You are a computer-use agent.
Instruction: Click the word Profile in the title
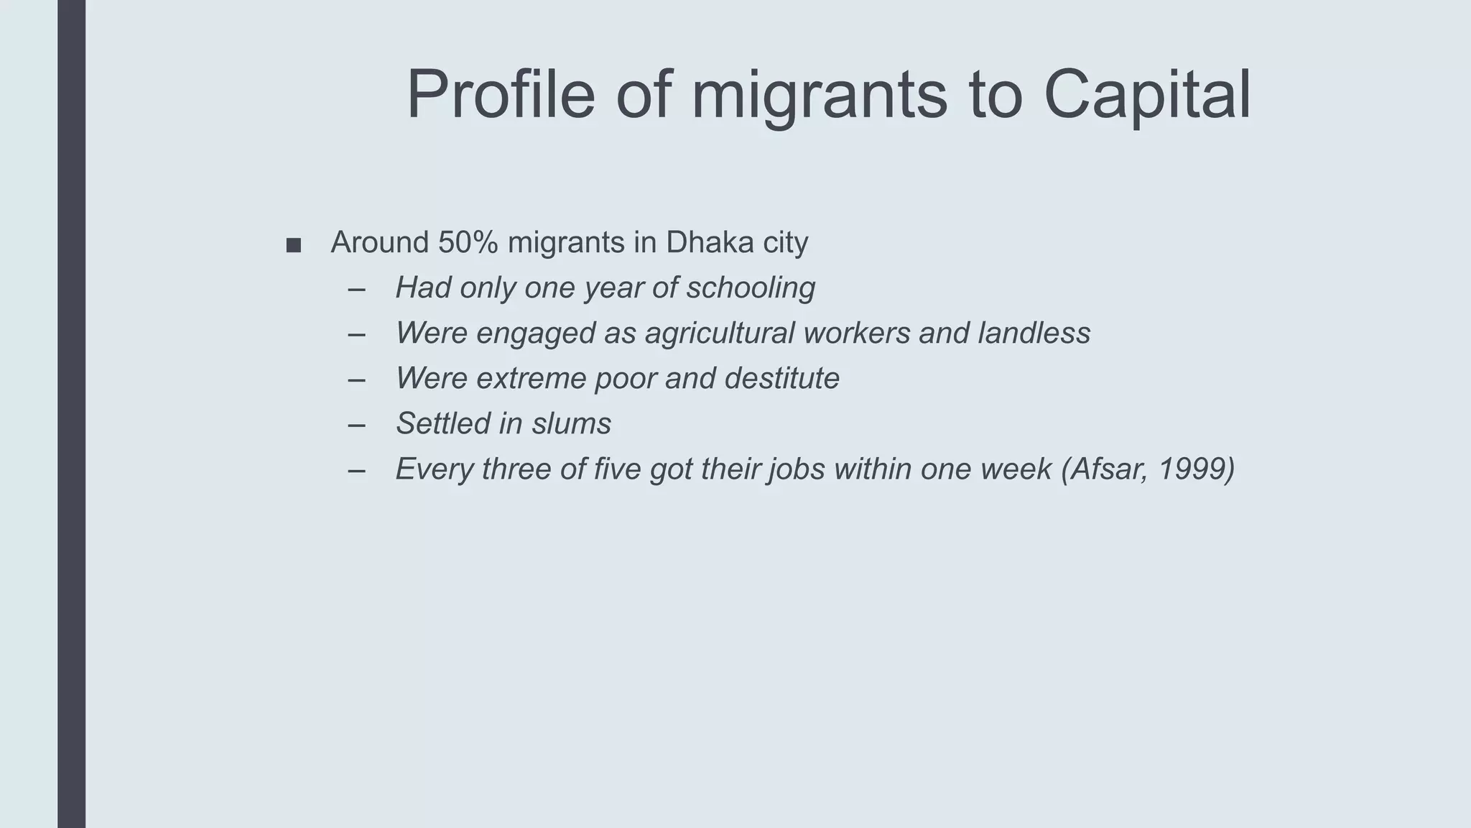tap(501, 94)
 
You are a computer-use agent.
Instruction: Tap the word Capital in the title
tap(1146, 94)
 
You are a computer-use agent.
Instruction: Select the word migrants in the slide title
tap(819, 94)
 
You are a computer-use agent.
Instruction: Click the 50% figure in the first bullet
tap(468, 242)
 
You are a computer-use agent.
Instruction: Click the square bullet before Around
tap(293, 246)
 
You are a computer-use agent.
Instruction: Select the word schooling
tap(751, 287)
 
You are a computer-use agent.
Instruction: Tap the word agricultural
tap(719, 333)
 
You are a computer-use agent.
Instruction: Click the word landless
tap(1034, 333)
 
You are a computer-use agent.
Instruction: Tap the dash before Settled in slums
tap(356, 424)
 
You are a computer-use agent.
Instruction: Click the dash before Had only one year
tap(356, 288)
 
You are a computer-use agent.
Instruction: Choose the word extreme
tap(531, 378)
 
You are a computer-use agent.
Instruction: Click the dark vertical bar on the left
tap(71, 414)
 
